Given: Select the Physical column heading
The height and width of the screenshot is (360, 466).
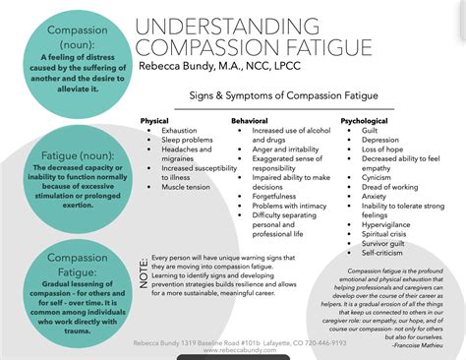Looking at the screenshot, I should click(x=154, y=120).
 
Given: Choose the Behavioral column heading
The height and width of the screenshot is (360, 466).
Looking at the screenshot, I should click(x=250, y=120).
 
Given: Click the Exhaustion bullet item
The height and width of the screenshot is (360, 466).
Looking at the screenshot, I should click(x=179, y=130).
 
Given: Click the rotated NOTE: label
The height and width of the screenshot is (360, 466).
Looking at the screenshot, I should click(x=144, y=268).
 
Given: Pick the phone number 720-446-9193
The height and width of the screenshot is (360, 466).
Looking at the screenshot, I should click(x=338, y=343).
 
